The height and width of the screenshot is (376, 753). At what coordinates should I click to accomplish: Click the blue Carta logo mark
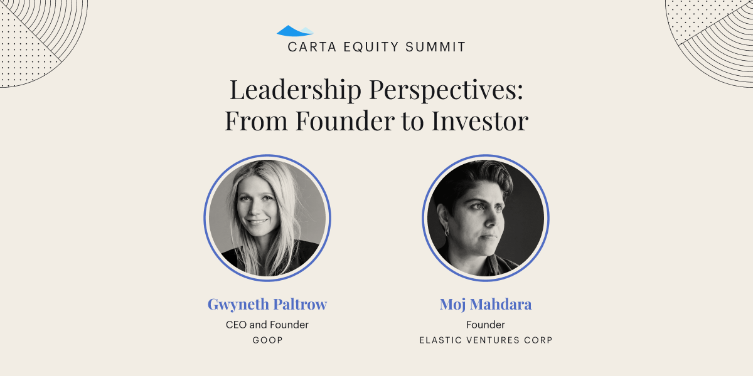[295, 31]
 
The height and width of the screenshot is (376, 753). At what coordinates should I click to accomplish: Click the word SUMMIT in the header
[435, 47]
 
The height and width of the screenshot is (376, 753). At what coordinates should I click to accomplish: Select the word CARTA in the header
[312, 47]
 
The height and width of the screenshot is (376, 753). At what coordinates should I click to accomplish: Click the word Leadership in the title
[296, 91]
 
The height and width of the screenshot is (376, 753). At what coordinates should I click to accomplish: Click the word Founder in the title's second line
[345, 121]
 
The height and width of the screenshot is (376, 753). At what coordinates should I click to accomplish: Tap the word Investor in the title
[480, 121]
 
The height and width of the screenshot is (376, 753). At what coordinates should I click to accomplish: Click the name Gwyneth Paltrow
[267, 305]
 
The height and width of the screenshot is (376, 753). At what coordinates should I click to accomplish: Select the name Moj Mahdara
[486, 305]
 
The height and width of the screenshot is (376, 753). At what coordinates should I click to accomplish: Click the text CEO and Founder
[267, 325]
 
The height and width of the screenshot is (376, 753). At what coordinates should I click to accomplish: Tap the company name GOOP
[267, 340]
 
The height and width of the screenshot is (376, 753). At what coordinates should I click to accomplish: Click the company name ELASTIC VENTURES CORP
[486, 340]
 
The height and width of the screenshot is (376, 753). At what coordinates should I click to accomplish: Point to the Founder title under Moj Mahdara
[486, 325]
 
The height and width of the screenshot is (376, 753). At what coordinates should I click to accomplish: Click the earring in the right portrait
[447, 232]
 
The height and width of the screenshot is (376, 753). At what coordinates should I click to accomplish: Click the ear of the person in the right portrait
[443, 218]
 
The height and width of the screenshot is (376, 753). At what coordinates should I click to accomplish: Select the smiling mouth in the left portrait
[257, 222]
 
